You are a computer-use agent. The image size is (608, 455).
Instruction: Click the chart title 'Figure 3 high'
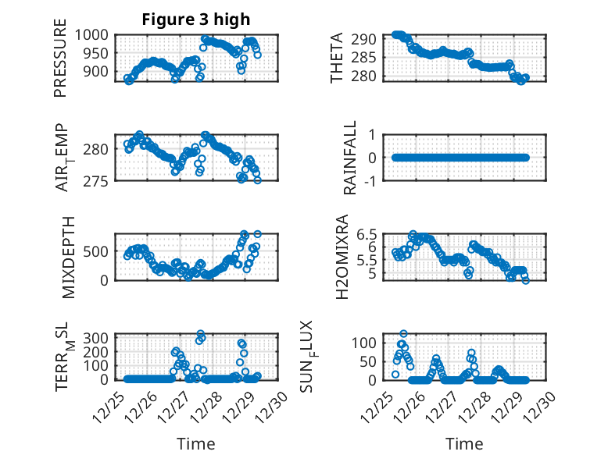tap(196, 20)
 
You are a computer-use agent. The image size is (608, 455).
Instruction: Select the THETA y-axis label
tap(337, 58)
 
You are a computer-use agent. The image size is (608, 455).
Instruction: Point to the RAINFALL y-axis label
tap(351, 158)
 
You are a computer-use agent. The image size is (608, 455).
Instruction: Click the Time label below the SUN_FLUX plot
tap(464, 443)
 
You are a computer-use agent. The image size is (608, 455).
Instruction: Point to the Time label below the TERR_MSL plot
tap(196, 443)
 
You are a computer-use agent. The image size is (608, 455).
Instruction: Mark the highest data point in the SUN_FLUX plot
tap(403, 334)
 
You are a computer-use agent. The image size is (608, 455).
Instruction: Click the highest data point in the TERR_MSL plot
tap(201, 334)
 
